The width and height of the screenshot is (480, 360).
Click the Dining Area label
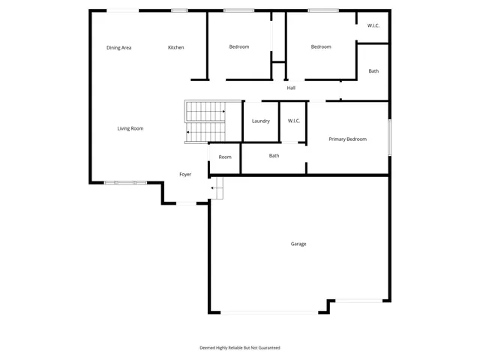pyautogui.click(x=119, y=48)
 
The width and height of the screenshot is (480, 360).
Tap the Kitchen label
pyautogui.click(x=175, y=48)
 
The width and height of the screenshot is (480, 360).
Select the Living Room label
pyautogui.click(x=130, y=129)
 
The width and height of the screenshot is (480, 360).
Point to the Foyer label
pyautogui.click(x=185, y=175)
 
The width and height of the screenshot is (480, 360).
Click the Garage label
pyautogui.click(x=298, y=244)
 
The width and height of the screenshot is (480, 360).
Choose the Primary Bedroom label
pyautogui.click(x=347, y=139)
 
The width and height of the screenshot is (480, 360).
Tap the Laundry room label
pyautogui.click(x=260, y=121)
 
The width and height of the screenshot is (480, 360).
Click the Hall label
pyautogui.click(x=291, y=88)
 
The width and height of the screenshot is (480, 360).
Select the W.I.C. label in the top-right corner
pyautogui.click(x=373, y=26)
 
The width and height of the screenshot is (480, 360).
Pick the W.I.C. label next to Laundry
pyautogui.click(x=293, y=121)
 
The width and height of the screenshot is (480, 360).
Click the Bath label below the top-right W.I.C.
pyautogui.click(x=373, y=72)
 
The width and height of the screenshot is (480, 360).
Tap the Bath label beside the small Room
pyautogui.click(x=274, y=156)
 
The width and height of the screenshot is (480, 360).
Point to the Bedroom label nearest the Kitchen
pyautogui.click(x=238, y=47)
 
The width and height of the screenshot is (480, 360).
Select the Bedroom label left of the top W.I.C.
pyautogui.click(x=321, y=47)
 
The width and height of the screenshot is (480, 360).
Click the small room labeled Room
pyautogui.click(x=225, y=157)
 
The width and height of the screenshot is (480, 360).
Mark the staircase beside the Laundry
pyautogui.click(x=205, y=121)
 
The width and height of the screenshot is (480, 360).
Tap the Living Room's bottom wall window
pyautogui.click(x=125, y=182)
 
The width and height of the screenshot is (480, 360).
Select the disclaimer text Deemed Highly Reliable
pyautogui.click(x=239, y=348)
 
